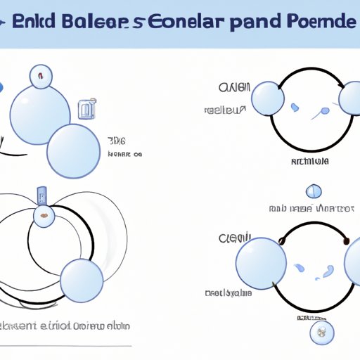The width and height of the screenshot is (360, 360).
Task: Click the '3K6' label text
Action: coord(115,140)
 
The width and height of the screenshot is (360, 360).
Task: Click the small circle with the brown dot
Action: coord(44,216)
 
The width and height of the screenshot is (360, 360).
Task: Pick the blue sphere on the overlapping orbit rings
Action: coord(82,281)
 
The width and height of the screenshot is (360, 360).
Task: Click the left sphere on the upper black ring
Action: coord(268,98)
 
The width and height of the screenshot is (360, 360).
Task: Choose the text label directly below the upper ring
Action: coord(310,161)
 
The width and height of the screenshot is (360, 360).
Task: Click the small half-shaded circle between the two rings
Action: coord(314,191)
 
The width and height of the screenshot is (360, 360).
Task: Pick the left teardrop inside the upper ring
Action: coord(295,107)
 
